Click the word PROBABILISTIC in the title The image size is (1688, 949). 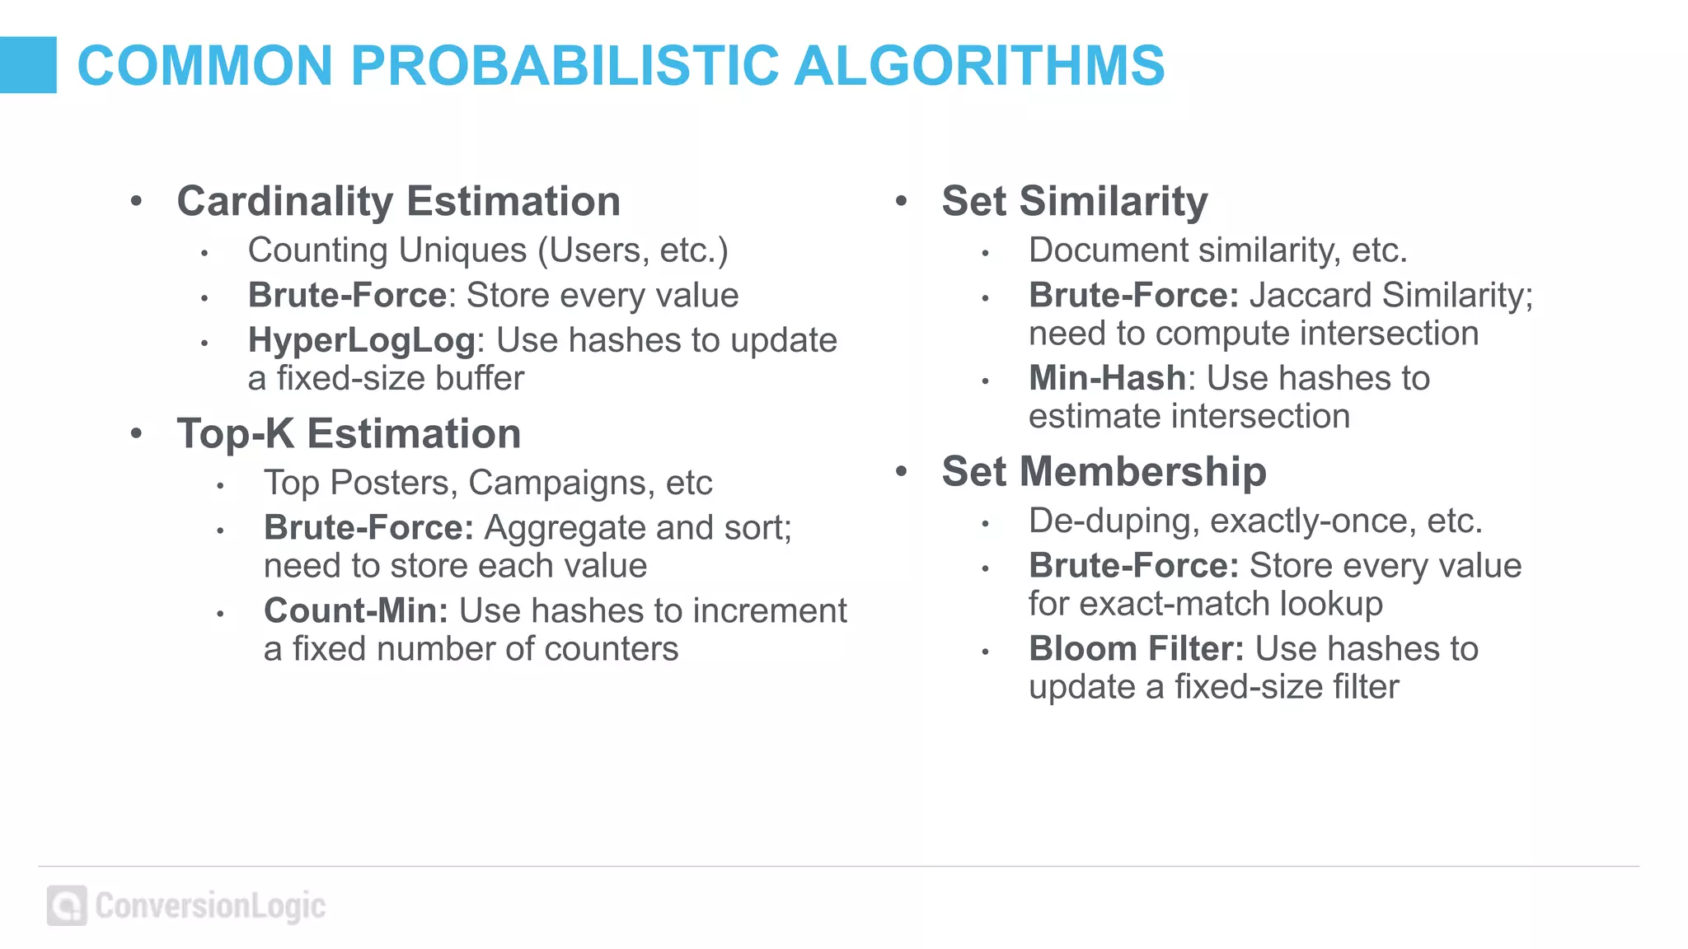click(565, 66)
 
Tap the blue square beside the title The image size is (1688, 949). click(28, 65)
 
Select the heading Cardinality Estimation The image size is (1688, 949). click(398, 202)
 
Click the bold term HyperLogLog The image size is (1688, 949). click(361, 340)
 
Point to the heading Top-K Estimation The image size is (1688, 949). click(349, 434)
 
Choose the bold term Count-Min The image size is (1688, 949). click(355, 611)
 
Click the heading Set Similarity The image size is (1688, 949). click(1074, 202)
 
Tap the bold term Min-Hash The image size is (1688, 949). click(1106, 379)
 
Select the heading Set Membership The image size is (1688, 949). click(1104, 472)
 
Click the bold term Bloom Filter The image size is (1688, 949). click(1136, 649)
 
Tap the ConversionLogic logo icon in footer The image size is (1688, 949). click(67, 906)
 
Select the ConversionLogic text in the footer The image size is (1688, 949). click(210, 906)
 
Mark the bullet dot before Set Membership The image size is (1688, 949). click(901, 471)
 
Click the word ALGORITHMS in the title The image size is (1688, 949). click(978, 66)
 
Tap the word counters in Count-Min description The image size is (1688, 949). click(611, 649)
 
